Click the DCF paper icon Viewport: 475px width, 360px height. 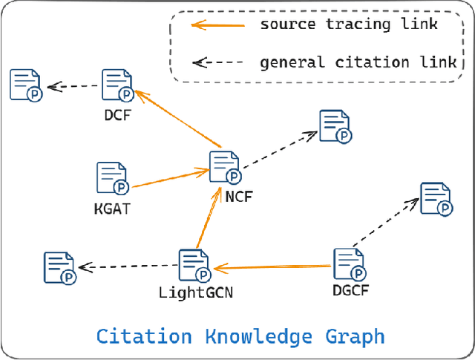(117, 85)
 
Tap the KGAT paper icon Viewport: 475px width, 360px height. (112, 179)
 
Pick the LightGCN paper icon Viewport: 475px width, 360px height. (194, 266)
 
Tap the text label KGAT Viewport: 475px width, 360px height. (112, 209)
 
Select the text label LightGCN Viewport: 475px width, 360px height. (196, 292)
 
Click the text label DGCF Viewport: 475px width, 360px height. (350, 289)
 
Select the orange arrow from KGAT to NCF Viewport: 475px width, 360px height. (171, 178)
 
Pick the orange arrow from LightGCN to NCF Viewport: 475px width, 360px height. (208, 218)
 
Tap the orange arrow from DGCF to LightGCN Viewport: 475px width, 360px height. (272, 266)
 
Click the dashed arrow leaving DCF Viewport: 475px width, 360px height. (73, 86)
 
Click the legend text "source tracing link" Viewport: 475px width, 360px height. (349, 24)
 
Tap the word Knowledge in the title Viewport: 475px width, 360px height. (259, 336)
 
